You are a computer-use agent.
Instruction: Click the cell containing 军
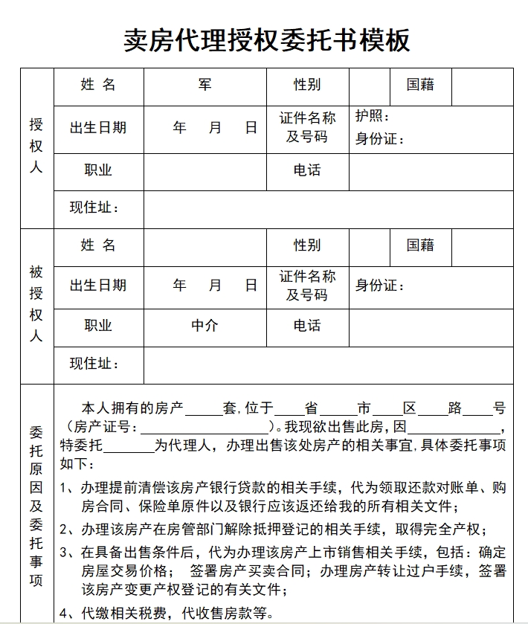205,85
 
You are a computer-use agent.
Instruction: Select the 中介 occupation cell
205,326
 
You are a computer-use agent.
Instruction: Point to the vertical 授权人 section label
36,146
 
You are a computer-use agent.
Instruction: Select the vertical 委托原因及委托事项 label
36,506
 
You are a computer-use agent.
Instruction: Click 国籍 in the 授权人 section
420,85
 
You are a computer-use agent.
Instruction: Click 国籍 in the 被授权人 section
420,245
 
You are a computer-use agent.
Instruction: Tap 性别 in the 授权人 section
307,85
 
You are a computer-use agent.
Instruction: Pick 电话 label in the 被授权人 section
307,326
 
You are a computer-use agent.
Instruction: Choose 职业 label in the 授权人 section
98,170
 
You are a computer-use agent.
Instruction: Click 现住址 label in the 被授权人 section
94,364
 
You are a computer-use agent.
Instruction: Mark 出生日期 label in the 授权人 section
98,127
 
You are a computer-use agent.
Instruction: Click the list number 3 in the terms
65,553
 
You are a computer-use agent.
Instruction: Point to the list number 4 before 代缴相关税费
65,614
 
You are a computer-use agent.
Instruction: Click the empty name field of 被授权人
205,245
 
